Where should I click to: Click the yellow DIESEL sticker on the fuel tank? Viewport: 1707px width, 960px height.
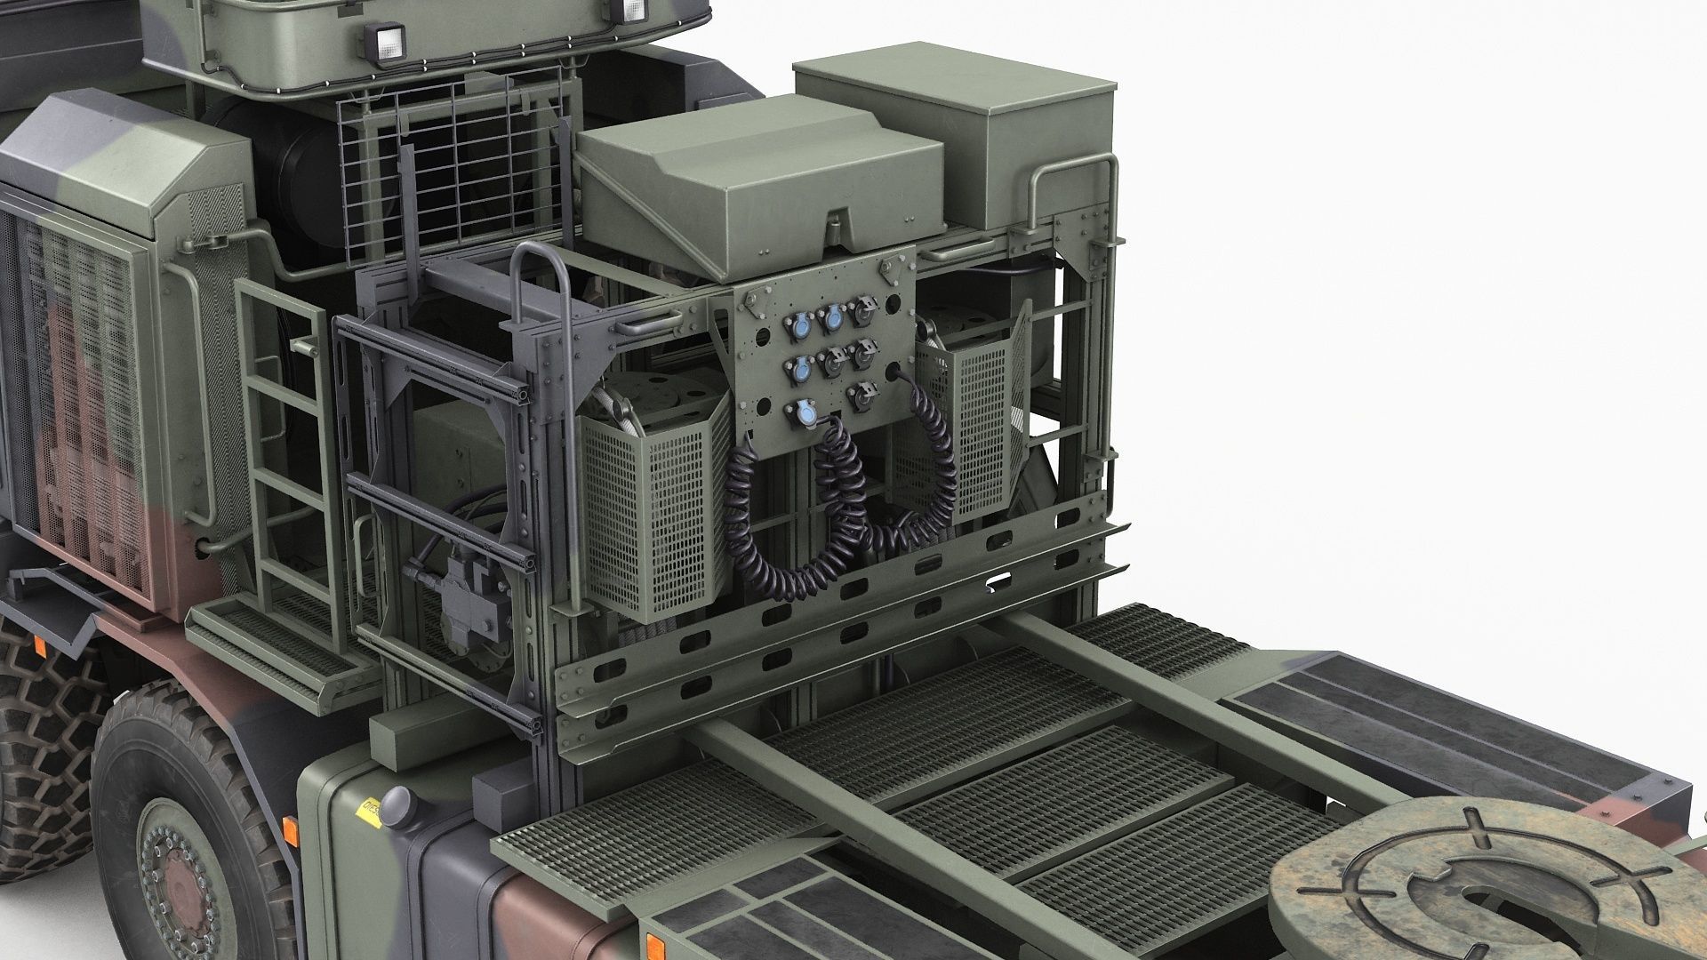click(x=365, y=811)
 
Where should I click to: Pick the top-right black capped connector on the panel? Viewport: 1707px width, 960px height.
click(x=861, y=311)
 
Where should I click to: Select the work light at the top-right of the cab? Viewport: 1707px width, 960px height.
click(x=632, y=11)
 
